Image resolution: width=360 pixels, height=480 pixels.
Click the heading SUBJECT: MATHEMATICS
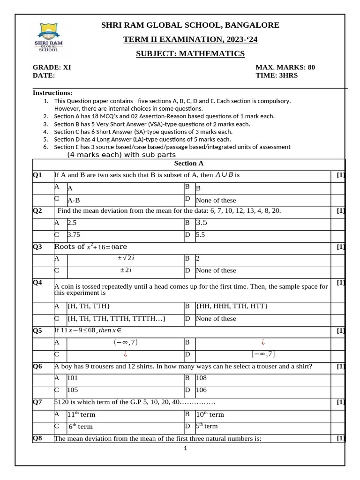coord(190,53)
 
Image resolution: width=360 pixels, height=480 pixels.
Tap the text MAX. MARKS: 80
coord(285,67)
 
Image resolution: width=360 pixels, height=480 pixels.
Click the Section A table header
coord(188,163)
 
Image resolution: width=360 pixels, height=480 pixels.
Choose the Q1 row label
coord(37,175)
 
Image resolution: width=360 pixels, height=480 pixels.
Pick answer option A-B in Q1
coord(74,200)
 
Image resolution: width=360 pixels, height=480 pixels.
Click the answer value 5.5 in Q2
coord(200,235)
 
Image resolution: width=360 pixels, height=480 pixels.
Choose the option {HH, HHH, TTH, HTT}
coord(232,306)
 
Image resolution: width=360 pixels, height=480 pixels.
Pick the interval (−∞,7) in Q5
coord(126,342)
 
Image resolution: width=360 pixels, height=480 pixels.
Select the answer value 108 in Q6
coord(201,377)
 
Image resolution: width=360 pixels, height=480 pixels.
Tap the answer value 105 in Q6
coord(73,390)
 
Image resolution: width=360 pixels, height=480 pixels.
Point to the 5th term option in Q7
coord(207,426)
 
